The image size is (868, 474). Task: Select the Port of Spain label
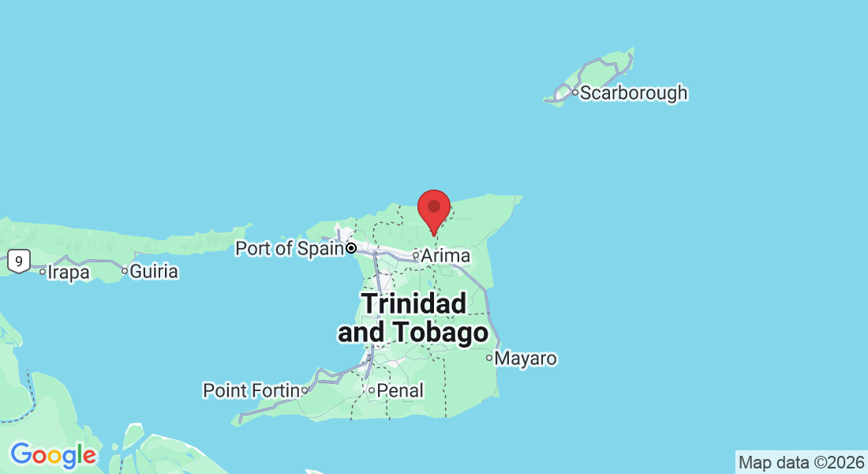coord(289,248)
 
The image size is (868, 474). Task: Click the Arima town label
coord(446,256)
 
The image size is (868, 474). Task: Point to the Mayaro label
coord(527,359)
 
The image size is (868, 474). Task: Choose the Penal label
coord(400,390)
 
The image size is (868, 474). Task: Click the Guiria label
coord(154,272)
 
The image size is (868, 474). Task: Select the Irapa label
coord(68,272)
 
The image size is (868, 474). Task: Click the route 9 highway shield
coord(18,259)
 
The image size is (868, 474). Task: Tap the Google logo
coord(53,455)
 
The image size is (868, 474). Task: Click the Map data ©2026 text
coord(801,462)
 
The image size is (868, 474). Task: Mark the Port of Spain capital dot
coord(351,248)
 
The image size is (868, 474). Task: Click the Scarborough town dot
coord(575,93)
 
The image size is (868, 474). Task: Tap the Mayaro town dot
coord(489,358)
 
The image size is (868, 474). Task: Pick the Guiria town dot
coord(125,271)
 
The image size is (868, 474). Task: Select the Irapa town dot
coord(43,271)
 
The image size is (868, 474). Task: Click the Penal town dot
coord(371,390)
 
